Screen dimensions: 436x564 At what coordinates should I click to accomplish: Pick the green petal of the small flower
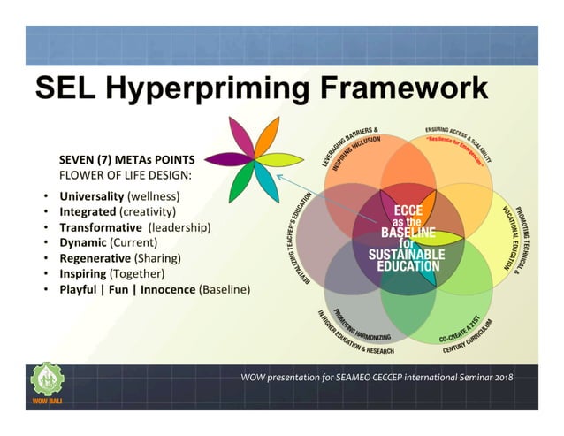click(240, 183)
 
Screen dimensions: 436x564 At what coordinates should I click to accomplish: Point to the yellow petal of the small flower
click(282, 160)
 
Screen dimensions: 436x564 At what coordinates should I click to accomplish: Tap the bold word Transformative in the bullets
click(102, 227)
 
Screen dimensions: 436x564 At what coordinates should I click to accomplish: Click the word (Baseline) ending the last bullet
click(225, 289)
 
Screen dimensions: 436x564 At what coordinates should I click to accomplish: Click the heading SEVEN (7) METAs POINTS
click(126, 160)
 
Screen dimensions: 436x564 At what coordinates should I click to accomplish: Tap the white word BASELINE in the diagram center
click(400, 228)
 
